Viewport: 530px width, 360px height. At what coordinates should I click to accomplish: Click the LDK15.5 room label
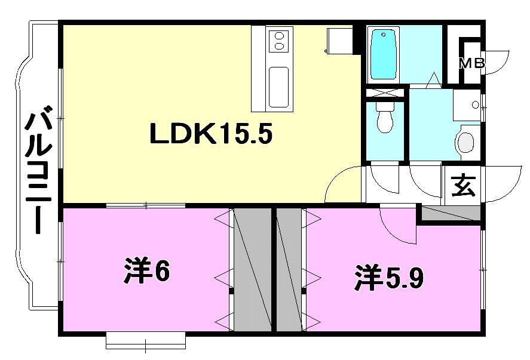pos(210,135)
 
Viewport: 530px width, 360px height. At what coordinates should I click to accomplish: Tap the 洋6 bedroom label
pos(148,272)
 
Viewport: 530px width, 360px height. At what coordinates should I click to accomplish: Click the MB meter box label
pos(471,63)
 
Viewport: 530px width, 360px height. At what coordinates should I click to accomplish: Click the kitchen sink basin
pos(278,87)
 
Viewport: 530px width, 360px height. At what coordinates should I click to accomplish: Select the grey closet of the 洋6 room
pos(252,269)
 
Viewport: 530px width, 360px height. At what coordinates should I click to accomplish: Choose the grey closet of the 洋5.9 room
pos(289,269)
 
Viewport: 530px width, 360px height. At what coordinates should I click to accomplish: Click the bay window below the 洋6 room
pos(145,341)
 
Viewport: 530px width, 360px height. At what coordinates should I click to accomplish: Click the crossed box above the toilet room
pos(385,93)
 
